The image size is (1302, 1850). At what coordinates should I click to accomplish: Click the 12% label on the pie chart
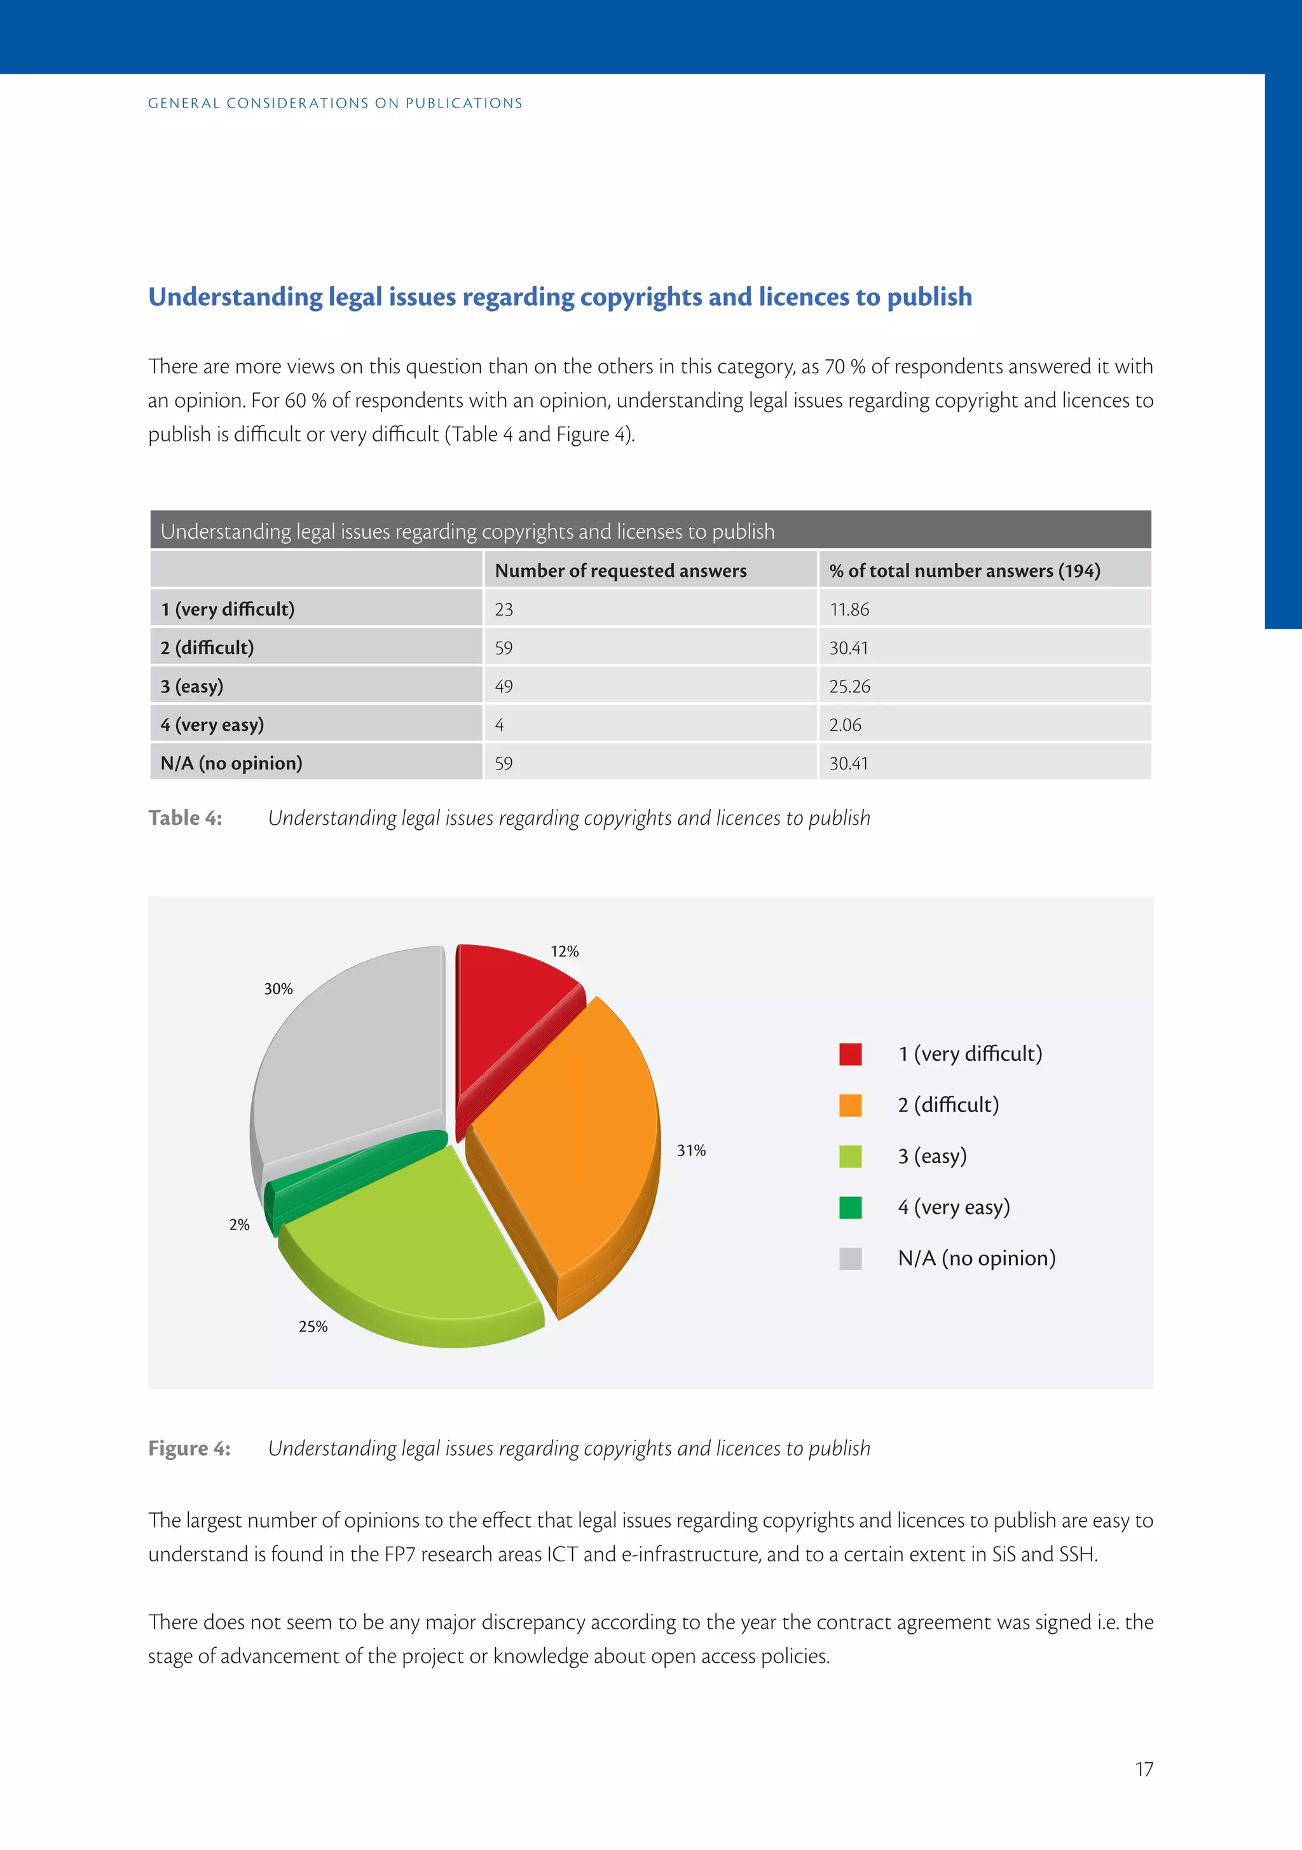565,951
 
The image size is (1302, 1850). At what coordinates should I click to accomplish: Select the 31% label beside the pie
691,1150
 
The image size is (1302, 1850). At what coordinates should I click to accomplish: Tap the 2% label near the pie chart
239,1225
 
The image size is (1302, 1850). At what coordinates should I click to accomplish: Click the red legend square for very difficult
850,1054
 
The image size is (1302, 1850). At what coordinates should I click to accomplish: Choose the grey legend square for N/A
850,1259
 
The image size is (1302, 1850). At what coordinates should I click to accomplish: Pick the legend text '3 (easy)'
932,1156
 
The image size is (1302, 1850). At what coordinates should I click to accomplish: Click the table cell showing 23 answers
504,610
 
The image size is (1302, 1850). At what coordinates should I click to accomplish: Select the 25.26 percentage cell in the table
850,686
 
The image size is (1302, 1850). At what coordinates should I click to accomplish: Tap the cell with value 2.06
845,725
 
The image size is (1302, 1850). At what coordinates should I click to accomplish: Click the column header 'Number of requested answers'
620,570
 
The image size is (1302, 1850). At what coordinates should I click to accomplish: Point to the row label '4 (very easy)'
212,725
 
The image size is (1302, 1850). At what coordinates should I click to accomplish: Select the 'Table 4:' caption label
185,818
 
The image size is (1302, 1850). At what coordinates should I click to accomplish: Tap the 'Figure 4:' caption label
189,1449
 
